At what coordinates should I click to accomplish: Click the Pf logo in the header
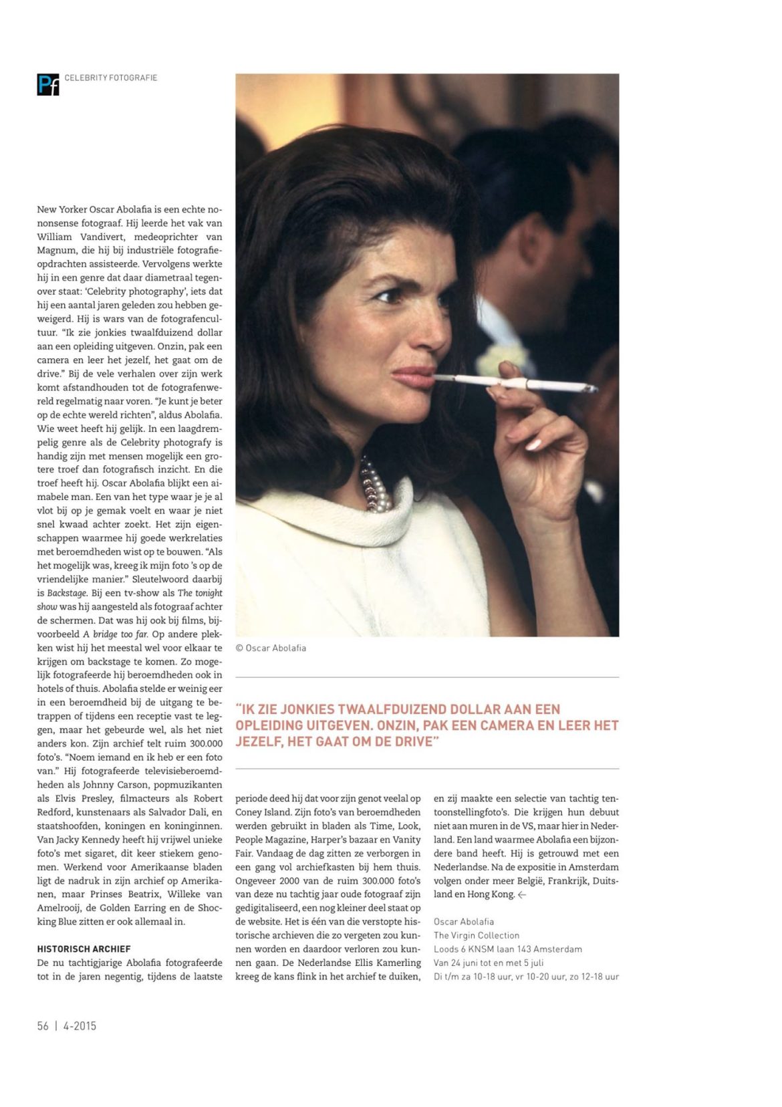(47, 84)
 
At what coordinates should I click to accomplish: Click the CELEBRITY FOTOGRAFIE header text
(110, 78)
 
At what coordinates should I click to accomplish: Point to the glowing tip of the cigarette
(592, 389)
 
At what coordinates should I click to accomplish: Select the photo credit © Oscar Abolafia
(271, 648)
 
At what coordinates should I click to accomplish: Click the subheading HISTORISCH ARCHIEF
(84, 949)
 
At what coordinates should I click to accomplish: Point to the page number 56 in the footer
(43, 1025)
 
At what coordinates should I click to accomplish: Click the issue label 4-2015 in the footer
(80, 1025)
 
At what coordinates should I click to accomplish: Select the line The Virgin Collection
(476, 935)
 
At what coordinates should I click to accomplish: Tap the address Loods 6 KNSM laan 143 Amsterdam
(507, 949)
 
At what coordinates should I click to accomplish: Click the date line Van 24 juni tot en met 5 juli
(488, 963)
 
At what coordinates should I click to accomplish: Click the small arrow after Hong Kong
(522, 894)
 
